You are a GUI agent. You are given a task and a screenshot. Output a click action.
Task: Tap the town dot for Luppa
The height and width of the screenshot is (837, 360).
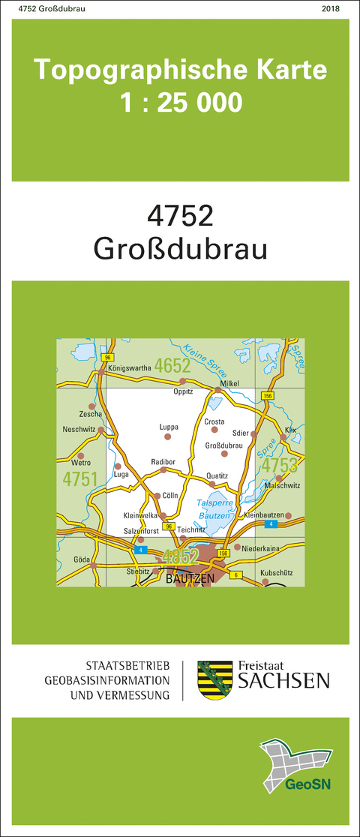tap(167, 436)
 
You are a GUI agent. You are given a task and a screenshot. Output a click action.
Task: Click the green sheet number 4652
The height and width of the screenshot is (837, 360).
tap(172, 366)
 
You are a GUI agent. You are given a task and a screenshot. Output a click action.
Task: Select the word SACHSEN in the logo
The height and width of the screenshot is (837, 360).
tap(283, 681)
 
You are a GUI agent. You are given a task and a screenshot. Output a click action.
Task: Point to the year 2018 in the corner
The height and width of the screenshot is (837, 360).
tap(330, 8)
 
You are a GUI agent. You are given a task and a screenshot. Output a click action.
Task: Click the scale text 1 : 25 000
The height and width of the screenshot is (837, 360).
tap(181, 100)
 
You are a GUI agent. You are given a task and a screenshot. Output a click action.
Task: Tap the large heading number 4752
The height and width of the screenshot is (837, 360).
tap(181, 216)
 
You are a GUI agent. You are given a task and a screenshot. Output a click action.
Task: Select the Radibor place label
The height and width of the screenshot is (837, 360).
tap(163, 461)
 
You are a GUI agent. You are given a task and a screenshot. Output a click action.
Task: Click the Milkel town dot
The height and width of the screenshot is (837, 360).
tap(218, 390)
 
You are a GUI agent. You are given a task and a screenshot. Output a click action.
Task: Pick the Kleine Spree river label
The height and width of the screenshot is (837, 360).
tap(202, 352)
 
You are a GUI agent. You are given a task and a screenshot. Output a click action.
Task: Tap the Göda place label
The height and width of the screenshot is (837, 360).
tap(82, 559)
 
